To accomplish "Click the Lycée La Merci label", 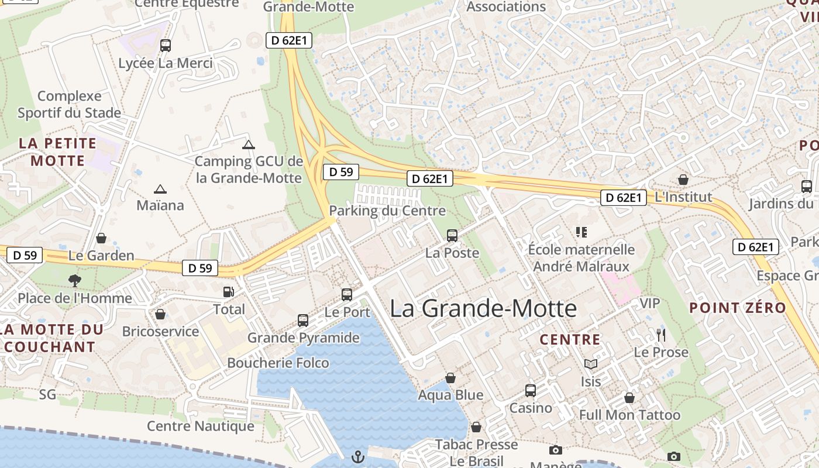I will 166,63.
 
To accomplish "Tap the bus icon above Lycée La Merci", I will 166,45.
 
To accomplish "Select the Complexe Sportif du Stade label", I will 70,104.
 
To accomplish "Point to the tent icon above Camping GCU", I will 249,144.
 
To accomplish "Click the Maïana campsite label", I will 160,205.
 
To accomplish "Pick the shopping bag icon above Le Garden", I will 101,238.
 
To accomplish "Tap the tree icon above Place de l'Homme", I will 74,281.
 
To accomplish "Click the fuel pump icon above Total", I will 229,291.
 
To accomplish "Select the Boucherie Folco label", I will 278,363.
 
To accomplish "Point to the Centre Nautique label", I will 201,426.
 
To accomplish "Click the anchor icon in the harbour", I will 358,456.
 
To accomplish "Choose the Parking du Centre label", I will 387,211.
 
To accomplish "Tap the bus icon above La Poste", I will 452,236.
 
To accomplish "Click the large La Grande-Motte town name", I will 483,308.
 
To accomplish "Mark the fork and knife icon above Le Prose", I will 661,335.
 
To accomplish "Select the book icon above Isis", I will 591,364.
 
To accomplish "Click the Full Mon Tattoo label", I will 629,415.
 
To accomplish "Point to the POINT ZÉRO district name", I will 737,308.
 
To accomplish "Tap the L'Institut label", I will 683,197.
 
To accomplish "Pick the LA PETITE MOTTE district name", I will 57,152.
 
